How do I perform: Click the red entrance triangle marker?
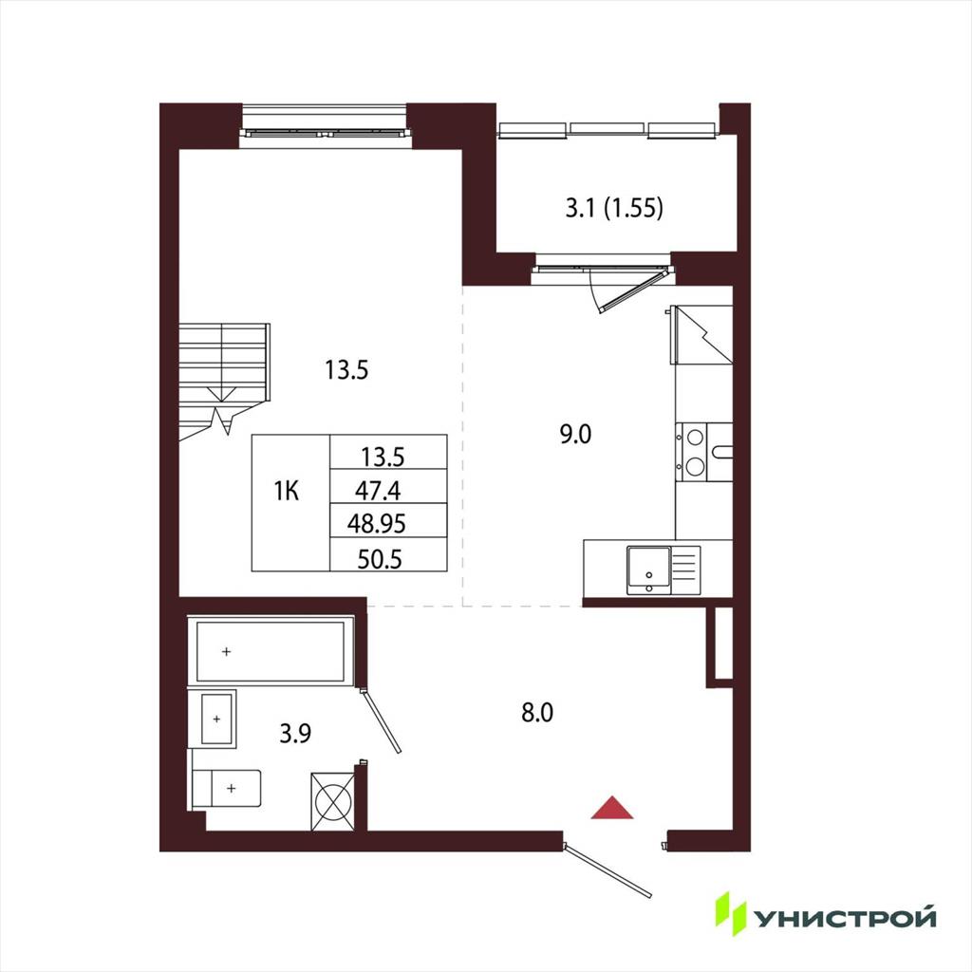coord(612,807)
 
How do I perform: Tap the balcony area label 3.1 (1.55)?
coord(614,208)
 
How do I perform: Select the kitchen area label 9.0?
coord(575,434)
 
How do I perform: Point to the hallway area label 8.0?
coord(537,713)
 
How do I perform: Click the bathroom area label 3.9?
coord(295,734)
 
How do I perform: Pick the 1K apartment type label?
coord(287,492)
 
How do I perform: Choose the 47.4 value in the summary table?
coord(378,491)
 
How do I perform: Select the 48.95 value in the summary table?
coord(376,524)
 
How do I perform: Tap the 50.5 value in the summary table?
coord(380,559)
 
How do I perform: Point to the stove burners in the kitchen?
coord(695,452)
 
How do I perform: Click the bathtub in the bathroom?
coord(271,651)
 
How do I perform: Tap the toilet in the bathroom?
coord(226,789)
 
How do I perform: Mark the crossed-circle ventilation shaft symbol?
coord(333,801)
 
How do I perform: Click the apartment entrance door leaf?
coord(607,869)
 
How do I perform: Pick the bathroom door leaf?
coord(381,720)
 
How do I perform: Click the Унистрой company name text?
coord(844,919)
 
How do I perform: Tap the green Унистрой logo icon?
coord(731,913)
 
